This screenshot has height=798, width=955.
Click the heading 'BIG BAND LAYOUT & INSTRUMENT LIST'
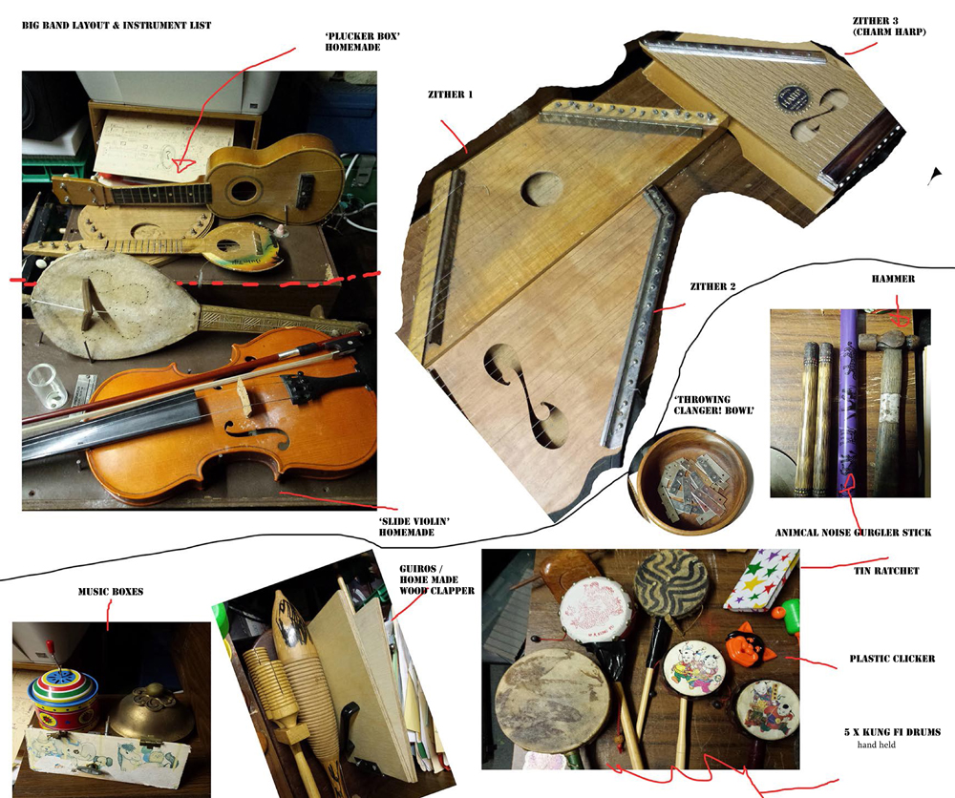(117, 26)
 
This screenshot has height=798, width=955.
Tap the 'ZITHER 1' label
(450, 94)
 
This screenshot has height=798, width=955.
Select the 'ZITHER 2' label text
(712, 286)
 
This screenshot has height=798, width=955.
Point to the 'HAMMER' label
(893, 279)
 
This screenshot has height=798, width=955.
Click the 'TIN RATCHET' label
(886, 571)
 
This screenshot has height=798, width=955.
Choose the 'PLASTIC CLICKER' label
(892, 659)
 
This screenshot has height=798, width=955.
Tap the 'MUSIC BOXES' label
(111, 592)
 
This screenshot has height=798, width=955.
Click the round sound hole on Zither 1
(542, 189)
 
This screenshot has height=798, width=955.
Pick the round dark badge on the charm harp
(791, 97)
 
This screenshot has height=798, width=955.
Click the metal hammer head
(886, 340)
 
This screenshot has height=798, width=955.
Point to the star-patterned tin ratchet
(761, 578)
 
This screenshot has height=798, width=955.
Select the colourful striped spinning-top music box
(64, 696)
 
